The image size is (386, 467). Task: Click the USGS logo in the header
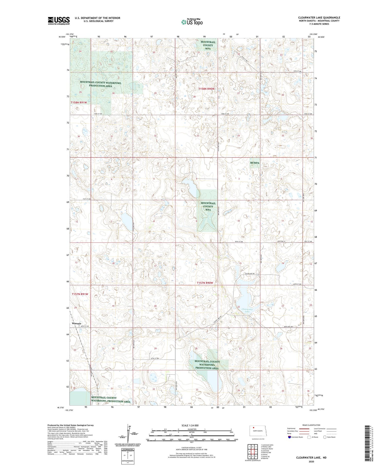point(59,21)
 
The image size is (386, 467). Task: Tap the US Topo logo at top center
point(192,22)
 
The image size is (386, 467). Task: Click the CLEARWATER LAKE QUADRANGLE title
point(319,18)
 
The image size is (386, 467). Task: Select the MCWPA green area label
point(255,163)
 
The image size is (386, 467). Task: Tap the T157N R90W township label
point(205,283)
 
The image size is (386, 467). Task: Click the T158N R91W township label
point(79,103)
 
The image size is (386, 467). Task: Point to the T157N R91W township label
point(80,294)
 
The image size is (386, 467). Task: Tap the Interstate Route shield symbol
point(289,437)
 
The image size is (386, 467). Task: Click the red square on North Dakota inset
point(253,427)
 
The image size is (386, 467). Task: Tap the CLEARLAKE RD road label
point(249,274)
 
